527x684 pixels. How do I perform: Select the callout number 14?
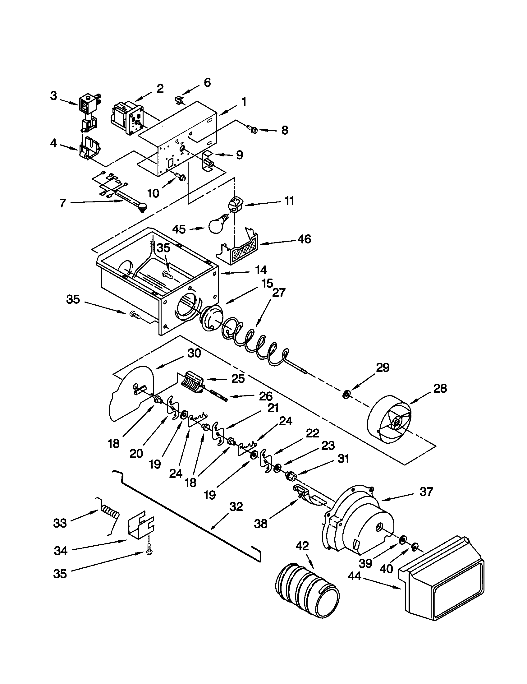coord(260,270)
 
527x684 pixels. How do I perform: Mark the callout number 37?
coord(426,492)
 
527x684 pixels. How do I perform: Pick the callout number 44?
coord(355,575)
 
